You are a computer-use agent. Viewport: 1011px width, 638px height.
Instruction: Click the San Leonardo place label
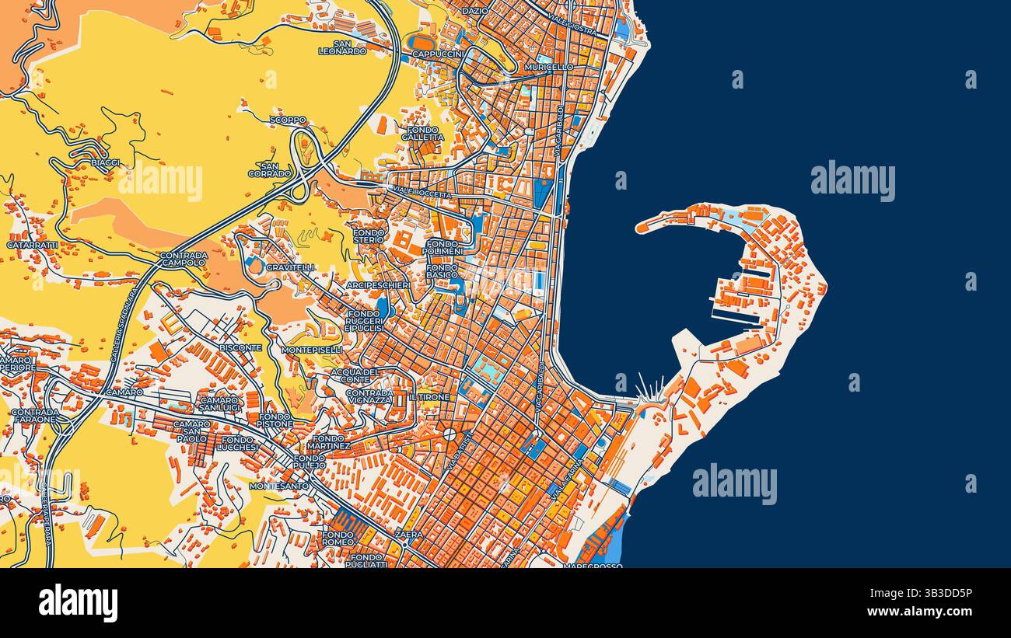pos(342,47)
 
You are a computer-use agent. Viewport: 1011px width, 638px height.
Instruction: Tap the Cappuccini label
pos(437,54)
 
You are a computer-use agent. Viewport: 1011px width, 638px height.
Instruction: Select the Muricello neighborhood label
pos(549,68)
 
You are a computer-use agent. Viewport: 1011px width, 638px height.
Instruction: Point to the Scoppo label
pos(288,120)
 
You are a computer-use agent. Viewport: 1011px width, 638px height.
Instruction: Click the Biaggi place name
pos(105,162)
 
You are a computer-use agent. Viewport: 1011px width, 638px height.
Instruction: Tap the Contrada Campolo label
pos(184,259)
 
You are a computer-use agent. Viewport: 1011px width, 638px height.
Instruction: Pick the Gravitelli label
pos(290,267)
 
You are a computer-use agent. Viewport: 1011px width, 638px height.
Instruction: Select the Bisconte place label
pos(240,348)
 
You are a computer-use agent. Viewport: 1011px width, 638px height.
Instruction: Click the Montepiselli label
pos(311,350)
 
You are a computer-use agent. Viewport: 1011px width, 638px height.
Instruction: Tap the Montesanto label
pos(279,486)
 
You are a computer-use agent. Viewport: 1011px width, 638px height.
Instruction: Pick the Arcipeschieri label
pos(378,285)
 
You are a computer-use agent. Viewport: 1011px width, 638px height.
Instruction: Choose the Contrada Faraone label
pos(34,416)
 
